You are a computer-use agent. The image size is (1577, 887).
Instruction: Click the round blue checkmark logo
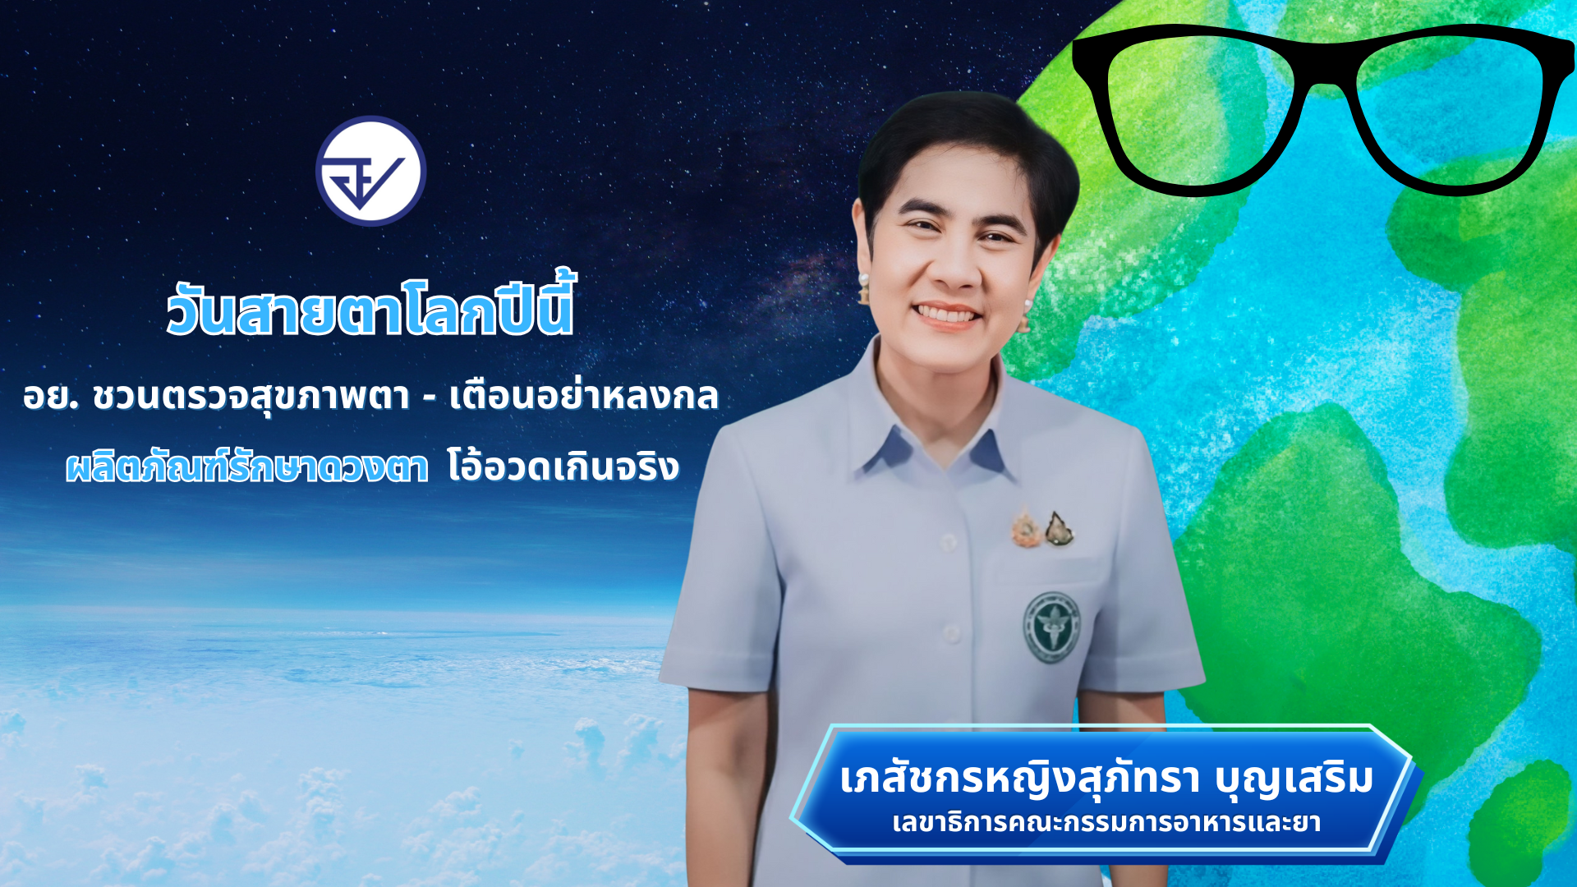coord(370,171)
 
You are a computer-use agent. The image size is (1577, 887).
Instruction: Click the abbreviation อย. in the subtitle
coord(51,397)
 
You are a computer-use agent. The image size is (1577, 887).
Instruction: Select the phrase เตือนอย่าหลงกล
coord(584,396)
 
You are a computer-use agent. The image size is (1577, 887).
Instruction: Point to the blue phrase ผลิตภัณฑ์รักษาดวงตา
coord(247,466)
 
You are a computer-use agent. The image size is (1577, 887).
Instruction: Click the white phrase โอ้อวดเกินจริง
coord(563,466)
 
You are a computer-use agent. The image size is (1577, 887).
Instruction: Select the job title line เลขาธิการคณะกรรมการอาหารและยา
coord(1106,822)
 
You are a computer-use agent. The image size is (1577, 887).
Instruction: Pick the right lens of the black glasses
coord(1450,111)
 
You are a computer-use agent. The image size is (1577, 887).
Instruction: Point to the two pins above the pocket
coord(1042,529)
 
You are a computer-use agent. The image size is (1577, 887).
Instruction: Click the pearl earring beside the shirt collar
coord(863,287)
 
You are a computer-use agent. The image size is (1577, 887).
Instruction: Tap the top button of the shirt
coord(949,541)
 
